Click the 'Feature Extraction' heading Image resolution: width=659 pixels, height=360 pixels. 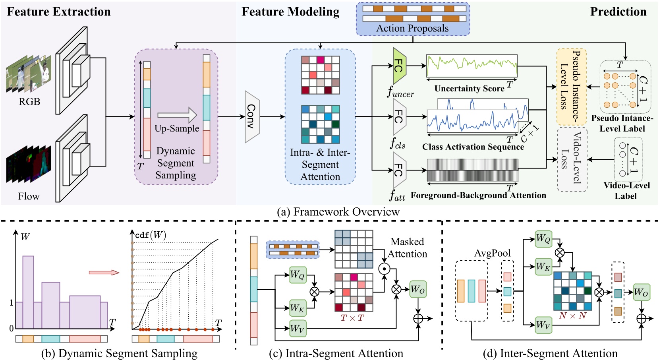point(59,12)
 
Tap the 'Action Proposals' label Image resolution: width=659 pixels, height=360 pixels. point(412,29)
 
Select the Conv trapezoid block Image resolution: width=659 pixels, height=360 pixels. point(252,116)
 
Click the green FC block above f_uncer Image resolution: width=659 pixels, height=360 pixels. point(399,66)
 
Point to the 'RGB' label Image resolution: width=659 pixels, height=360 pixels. point(29,102)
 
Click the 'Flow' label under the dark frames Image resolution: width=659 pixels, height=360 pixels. point(29,196)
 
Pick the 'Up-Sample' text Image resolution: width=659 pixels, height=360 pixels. point(177,128)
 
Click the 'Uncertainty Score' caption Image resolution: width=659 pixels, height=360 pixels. point(469,89)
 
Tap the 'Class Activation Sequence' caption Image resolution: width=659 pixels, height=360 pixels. point(473,147)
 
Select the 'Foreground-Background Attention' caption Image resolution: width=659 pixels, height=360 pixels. point(478,195)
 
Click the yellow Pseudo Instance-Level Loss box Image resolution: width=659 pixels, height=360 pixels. point(571,87)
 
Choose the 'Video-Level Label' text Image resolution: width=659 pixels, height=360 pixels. point(626,191)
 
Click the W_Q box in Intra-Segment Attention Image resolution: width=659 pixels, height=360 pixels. point(298,275)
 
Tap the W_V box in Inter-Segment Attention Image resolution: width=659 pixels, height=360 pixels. point(543,325)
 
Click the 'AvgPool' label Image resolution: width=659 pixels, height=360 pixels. point(492,253)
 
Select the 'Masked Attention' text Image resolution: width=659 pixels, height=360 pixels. point(407,248)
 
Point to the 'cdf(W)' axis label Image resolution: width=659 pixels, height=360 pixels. point(150,235)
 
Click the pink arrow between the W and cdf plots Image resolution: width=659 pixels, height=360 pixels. point(104,273)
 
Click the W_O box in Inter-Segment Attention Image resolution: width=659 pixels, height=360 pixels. point(641,292)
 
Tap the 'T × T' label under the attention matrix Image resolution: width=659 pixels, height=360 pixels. point(352,318)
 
